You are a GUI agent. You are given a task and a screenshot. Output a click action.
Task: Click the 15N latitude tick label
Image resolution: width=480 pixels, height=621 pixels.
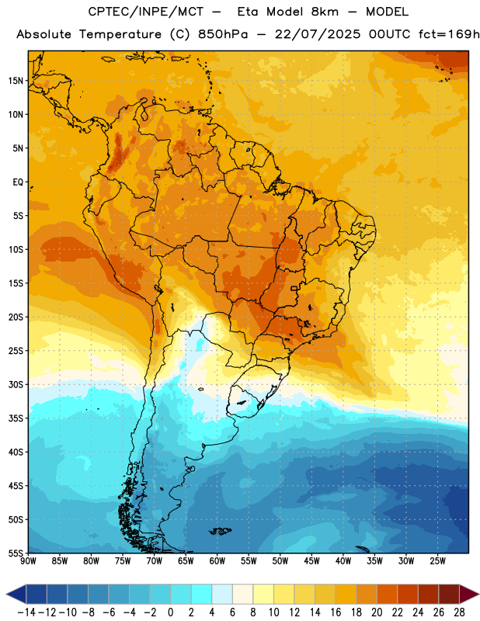point(16,81)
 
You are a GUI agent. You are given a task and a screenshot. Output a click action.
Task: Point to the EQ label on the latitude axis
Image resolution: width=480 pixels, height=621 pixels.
point(18,182)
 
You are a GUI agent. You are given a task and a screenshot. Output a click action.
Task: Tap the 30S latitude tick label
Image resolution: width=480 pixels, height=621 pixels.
point(16,384)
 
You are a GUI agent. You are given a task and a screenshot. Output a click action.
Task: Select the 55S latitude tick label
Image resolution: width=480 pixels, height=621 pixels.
point(16,553)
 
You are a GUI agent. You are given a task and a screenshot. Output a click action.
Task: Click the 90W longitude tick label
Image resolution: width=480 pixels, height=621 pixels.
point(28,561)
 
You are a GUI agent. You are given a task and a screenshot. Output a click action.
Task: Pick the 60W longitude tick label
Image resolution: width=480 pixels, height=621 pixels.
point(217,561)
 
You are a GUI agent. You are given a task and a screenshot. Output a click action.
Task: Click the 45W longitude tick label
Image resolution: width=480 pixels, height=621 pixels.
point(312,561)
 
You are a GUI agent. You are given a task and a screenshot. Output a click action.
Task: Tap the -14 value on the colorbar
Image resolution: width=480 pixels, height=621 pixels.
point(26,612)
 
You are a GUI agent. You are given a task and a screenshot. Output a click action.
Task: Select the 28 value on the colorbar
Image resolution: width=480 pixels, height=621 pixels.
point(459,612)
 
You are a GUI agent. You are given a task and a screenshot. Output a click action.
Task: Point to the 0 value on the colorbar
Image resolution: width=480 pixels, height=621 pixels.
point(170,612)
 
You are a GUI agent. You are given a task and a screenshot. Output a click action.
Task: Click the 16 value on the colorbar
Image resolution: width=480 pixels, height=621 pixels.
point(336,612)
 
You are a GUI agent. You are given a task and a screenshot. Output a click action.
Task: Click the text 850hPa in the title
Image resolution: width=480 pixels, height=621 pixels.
point(223,34)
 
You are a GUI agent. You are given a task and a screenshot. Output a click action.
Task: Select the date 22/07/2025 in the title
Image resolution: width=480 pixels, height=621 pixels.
point(318,34)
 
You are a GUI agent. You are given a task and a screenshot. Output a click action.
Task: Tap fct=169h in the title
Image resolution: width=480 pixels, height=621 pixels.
point(449,34)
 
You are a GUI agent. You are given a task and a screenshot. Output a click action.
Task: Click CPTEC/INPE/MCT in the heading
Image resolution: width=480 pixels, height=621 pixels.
point(146,12)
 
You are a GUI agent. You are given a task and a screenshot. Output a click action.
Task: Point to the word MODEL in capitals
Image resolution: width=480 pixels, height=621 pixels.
point(387,12)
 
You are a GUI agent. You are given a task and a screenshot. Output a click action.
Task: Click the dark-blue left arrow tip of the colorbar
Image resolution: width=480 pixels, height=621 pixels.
point(7,595)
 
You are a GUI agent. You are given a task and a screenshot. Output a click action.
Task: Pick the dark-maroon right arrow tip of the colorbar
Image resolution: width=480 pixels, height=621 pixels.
point(478,595)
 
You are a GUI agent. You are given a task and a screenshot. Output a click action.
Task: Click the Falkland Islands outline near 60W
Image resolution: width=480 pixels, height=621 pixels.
point(220,531)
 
